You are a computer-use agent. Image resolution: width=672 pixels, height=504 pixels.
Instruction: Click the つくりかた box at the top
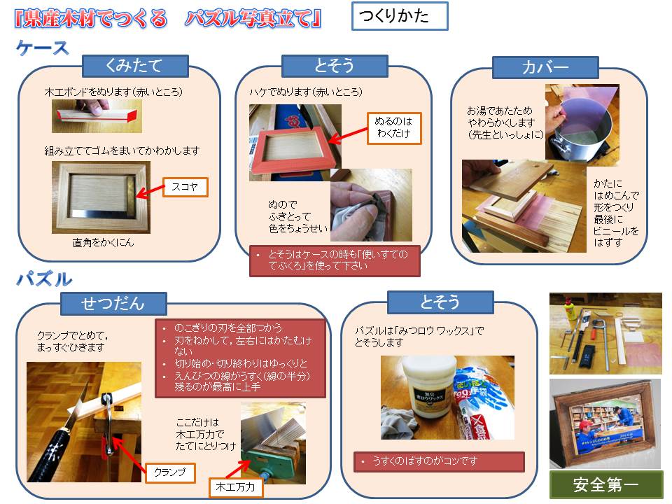click(400, 16)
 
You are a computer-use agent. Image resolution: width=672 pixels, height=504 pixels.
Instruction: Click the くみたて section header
click(135, 66)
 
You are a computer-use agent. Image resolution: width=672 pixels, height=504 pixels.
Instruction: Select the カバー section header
click(545, 68)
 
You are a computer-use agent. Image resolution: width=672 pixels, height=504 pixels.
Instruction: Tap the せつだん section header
click(113, 303)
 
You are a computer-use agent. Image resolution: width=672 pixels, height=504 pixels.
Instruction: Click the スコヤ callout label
click(185, 187)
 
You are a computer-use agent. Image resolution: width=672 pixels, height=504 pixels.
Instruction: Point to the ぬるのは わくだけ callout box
click(394, 127)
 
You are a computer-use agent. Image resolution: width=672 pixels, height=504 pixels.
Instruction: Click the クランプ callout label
click(170, 472)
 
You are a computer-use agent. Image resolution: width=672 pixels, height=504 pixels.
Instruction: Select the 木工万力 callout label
click(236, 487)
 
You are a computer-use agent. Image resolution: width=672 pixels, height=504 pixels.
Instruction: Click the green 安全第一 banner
click(606, 484)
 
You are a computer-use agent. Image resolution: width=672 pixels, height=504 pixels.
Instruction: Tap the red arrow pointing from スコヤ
click(150, 191)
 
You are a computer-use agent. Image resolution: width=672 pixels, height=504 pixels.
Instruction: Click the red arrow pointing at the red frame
click(348, 135)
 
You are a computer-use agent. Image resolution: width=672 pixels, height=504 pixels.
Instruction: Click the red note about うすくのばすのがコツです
click(439, 461)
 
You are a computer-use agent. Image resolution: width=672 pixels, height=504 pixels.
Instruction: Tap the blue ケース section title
click(43, 48)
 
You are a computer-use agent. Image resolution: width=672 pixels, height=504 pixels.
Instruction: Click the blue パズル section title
click(44, 279)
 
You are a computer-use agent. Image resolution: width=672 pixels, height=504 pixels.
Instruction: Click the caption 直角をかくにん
click(104, 243)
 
